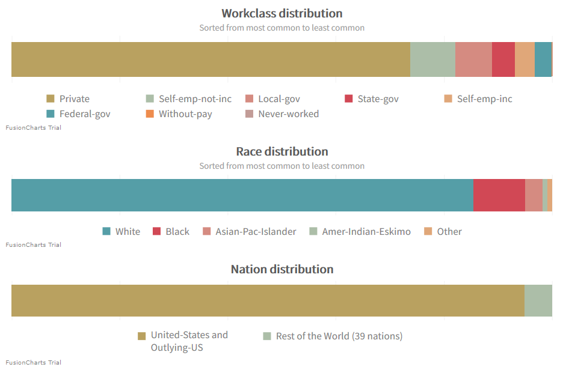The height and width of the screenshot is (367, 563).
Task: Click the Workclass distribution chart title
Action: point(281,13)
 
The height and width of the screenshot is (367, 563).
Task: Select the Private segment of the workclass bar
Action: point(211,59)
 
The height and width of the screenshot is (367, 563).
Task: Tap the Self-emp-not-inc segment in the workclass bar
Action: point(432,59)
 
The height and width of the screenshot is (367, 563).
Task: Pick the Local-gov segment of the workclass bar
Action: point(473,59)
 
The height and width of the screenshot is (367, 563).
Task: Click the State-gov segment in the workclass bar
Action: point(503,59)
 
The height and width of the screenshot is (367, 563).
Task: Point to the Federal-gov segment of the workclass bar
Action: point(543,59)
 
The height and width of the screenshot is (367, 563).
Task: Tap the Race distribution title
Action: point(281,151)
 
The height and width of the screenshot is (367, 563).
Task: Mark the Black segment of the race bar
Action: point(499,195)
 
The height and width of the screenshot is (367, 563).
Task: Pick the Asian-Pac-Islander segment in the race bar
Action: point(534,195)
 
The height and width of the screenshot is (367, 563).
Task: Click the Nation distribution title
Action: point(281,269)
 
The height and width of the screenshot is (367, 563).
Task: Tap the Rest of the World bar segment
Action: point(538,300)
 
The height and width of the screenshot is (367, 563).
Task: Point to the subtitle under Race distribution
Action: point(281,166)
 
